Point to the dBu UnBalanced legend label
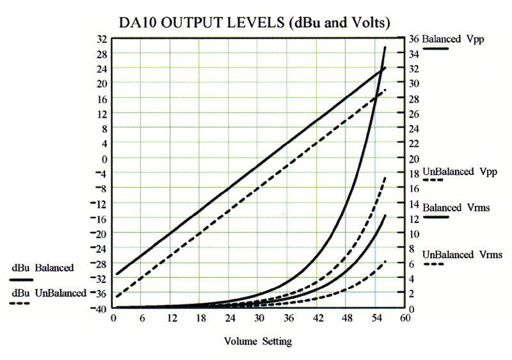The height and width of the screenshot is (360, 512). (48, 293)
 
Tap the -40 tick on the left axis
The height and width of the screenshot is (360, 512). (99, 308)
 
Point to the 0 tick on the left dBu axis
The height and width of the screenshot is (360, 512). (104, 158)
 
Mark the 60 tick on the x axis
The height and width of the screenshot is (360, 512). (404, 318)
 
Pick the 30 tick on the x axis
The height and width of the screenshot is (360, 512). (259, 318)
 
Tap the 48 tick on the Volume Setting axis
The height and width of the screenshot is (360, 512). (346, 318)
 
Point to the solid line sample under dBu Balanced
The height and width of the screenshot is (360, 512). (20, 280)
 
